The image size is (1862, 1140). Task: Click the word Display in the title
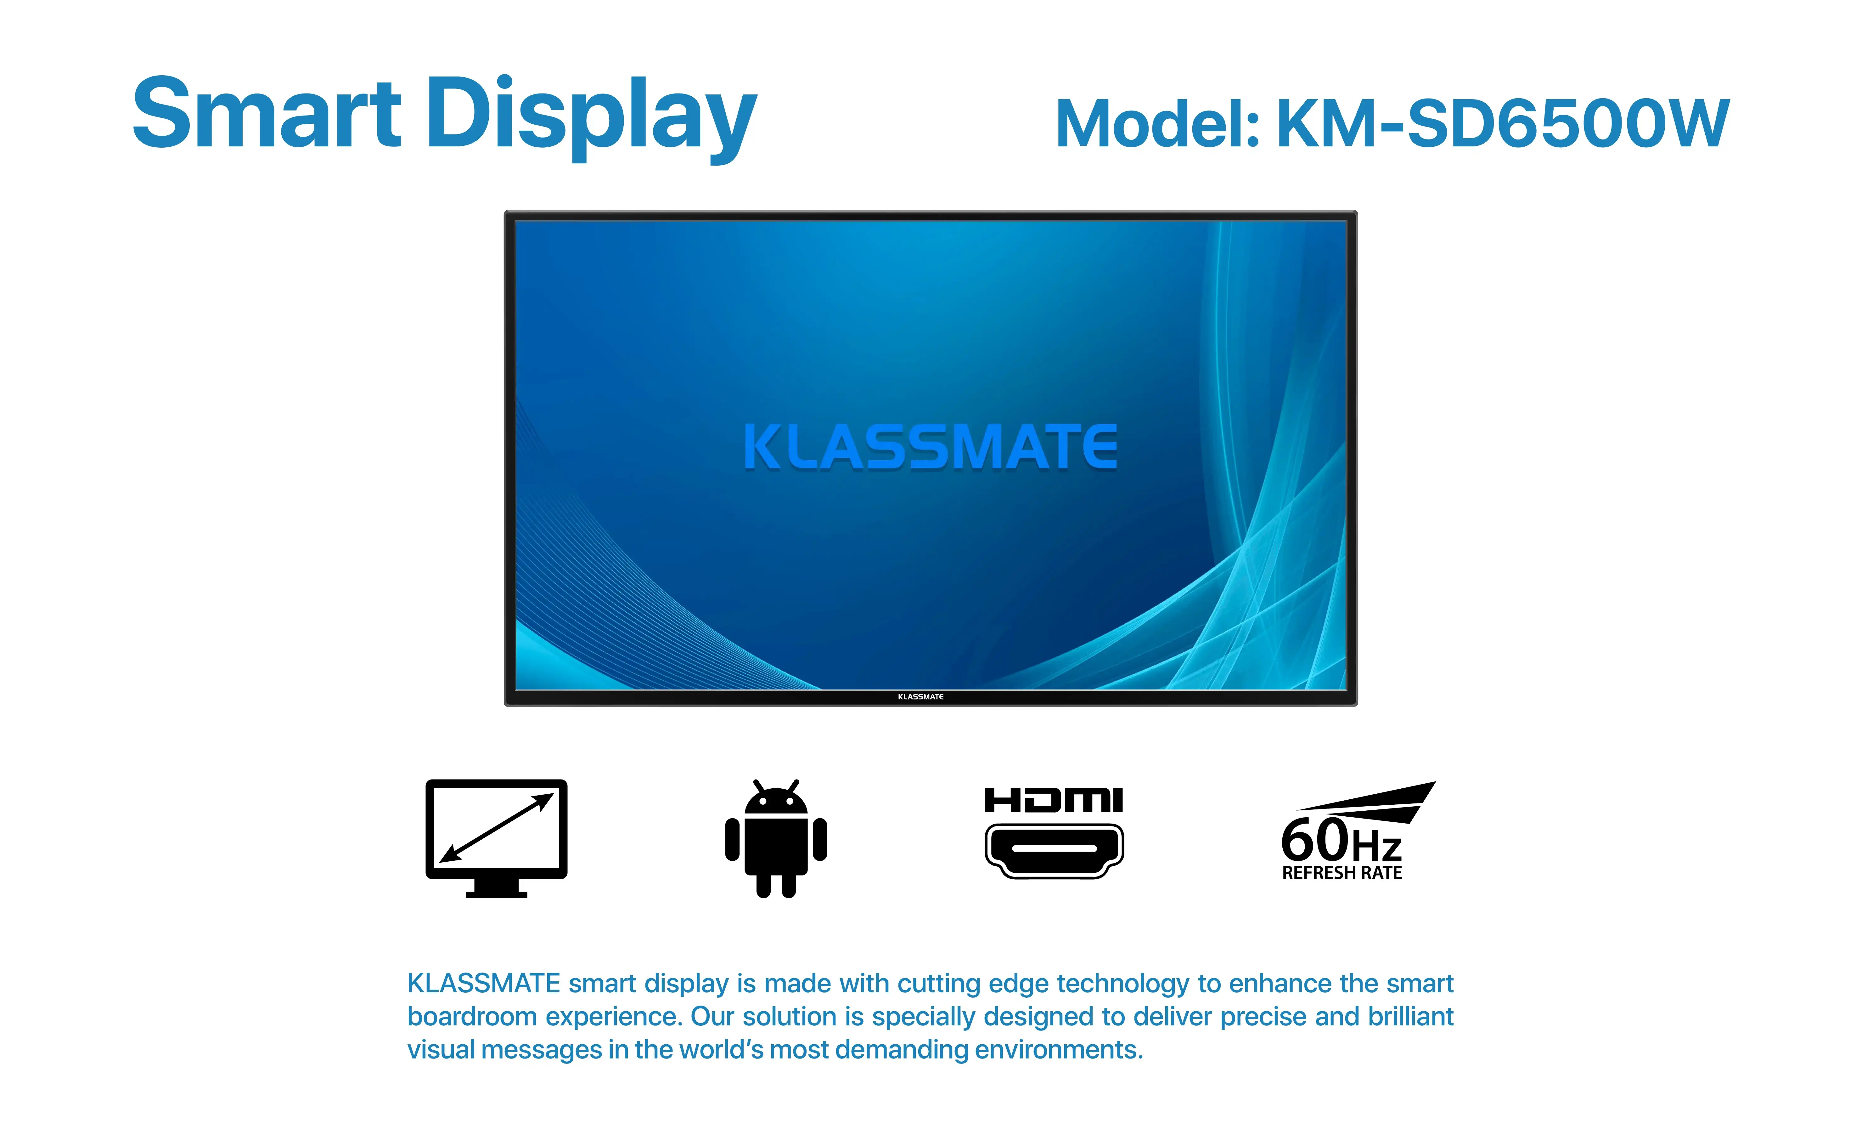pyautogui.click(x=591, y=117)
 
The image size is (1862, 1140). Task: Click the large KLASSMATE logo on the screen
pyautogui.click(x=930, y=448)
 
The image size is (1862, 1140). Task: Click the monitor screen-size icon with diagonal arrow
pyautogui.click(x=497, y=829)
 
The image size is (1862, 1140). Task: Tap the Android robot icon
pyautogui.click(x=776, y=839)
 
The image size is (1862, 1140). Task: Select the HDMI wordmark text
pyautogui.click(x=1054, y=800)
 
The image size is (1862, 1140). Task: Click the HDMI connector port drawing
pyautogui.click(x=1054, y=850)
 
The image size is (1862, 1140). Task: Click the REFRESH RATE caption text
pyautogui.click(x=1342, y=873)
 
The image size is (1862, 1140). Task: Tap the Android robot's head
pyautogui.click(x=776, y=800)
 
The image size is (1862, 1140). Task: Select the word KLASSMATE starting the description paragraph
pyautogui.click(x=484, y=984)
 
